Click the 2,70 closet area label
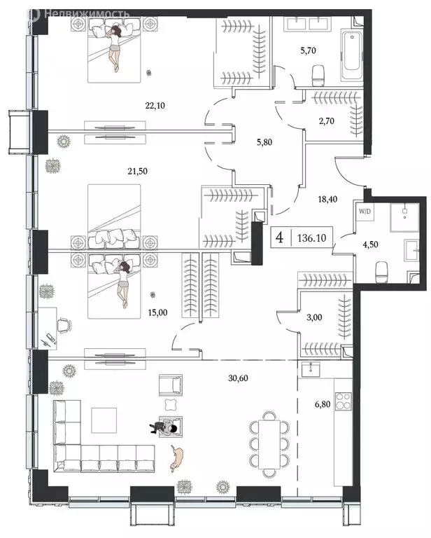[328, 121]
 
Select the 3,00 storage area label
[316, 317]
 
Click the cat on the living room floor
[177, 457]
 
